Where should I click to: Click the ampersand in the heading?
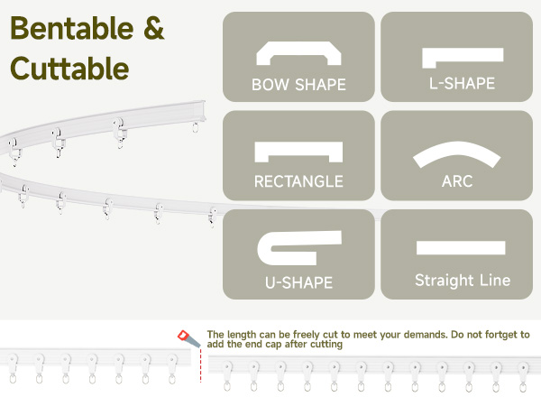pyautogui.click(x=153, y=29)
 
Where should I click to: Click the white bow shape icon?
pyautogui.click(x=298, y=54)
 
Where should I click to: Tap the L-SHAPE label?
pyautogui.click(x=462, y=84)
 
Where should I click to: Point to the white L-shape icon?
pyautogui.click(x=462, y=57)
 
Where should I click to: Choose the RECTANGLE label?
pyautogui.click(x=298, y=181)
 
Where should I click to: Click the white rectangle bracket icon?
pyautogui.click(x=298, y=151)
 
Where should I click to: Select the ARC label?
pyautogui.click(x=458, y=181)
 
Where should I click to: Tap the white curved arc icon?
pyautogui.click(x=457, y=154)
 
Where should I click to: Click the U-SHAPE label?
pyautogui.click(x=298, y=282)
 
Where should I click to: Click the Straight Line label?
pyautogui.click(x=463, y=281)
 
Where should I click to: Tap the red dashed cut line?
pyautogui.click(x=200, y=366)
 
